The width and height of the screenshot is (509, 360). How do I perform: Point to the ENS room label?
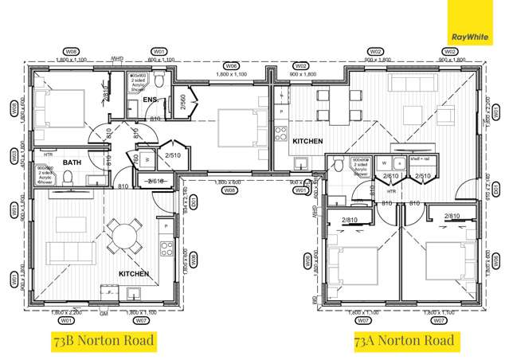pos(150,100)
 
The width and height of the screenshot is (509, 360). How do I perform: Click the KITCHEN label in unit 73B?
pos(135,273)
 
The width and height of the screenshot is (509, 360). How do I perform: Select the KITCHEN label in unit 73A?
pos(307,141)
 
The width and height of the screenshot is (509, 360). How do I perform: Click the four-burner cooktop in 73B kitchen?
pos(167,246)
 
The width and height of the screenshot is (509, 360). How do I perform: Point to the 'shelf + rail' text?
pos(421,160)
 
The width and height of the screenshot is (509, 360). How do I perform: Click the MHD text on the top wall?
pos(117,59)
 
